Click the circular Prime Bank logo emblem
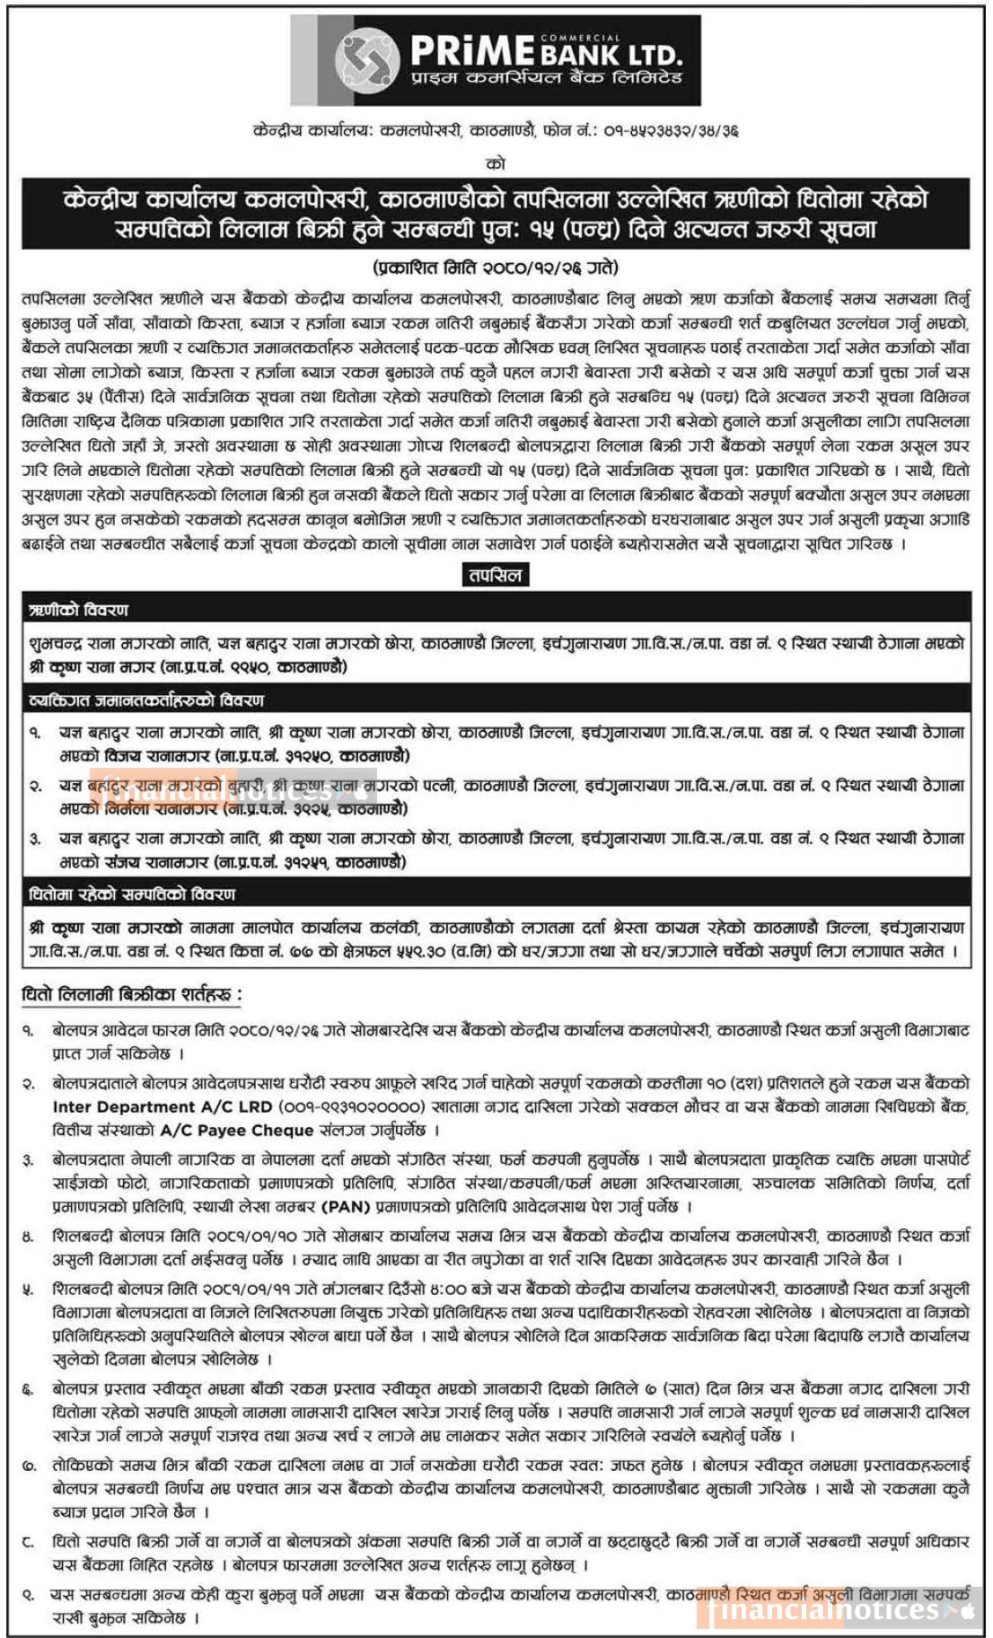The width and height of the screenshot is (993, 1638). pos(366,60)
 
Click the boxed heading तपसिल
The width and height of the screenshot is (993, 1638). pos(495,575)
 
